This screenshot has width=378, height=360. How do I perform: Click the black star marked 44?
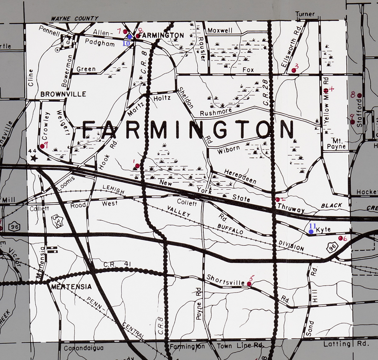point(34,158)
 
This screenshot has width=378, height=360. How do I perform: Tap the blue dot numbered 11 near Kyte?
point(311,232)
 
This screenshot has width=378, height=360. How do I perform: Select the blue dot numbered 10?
point(129,37)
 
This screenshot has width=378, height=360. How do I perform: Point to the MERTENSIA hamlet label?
point(72,287)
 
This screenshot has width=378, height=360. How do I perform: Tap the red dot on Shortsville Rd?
point(249,284)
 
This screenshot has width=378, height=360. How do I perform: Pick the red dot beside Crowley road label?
point(42,146)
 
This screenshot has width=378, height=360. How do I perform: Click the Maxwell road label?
point(220,31)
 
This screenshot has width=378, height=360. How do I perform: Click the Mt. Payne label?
point(336,143)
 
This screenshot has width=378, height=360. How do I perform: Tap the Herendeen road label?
point(240,176)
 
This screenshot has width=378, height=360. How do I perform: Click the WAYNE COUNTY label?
point(75,19)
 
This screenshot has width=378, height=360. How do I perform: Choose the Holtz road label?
point(162,98)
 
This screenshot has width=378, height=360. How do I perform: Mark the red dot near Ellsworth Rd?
point(294,70)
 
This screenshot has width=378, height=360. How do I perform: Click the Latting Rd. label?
point(345,344)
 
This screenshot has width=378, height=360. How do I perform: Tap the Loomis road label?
point(66,183)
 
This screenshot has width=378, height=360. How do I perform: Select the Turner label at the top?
point(305,14)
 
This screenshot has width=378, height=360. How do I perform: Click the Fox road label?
point(248,70)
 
